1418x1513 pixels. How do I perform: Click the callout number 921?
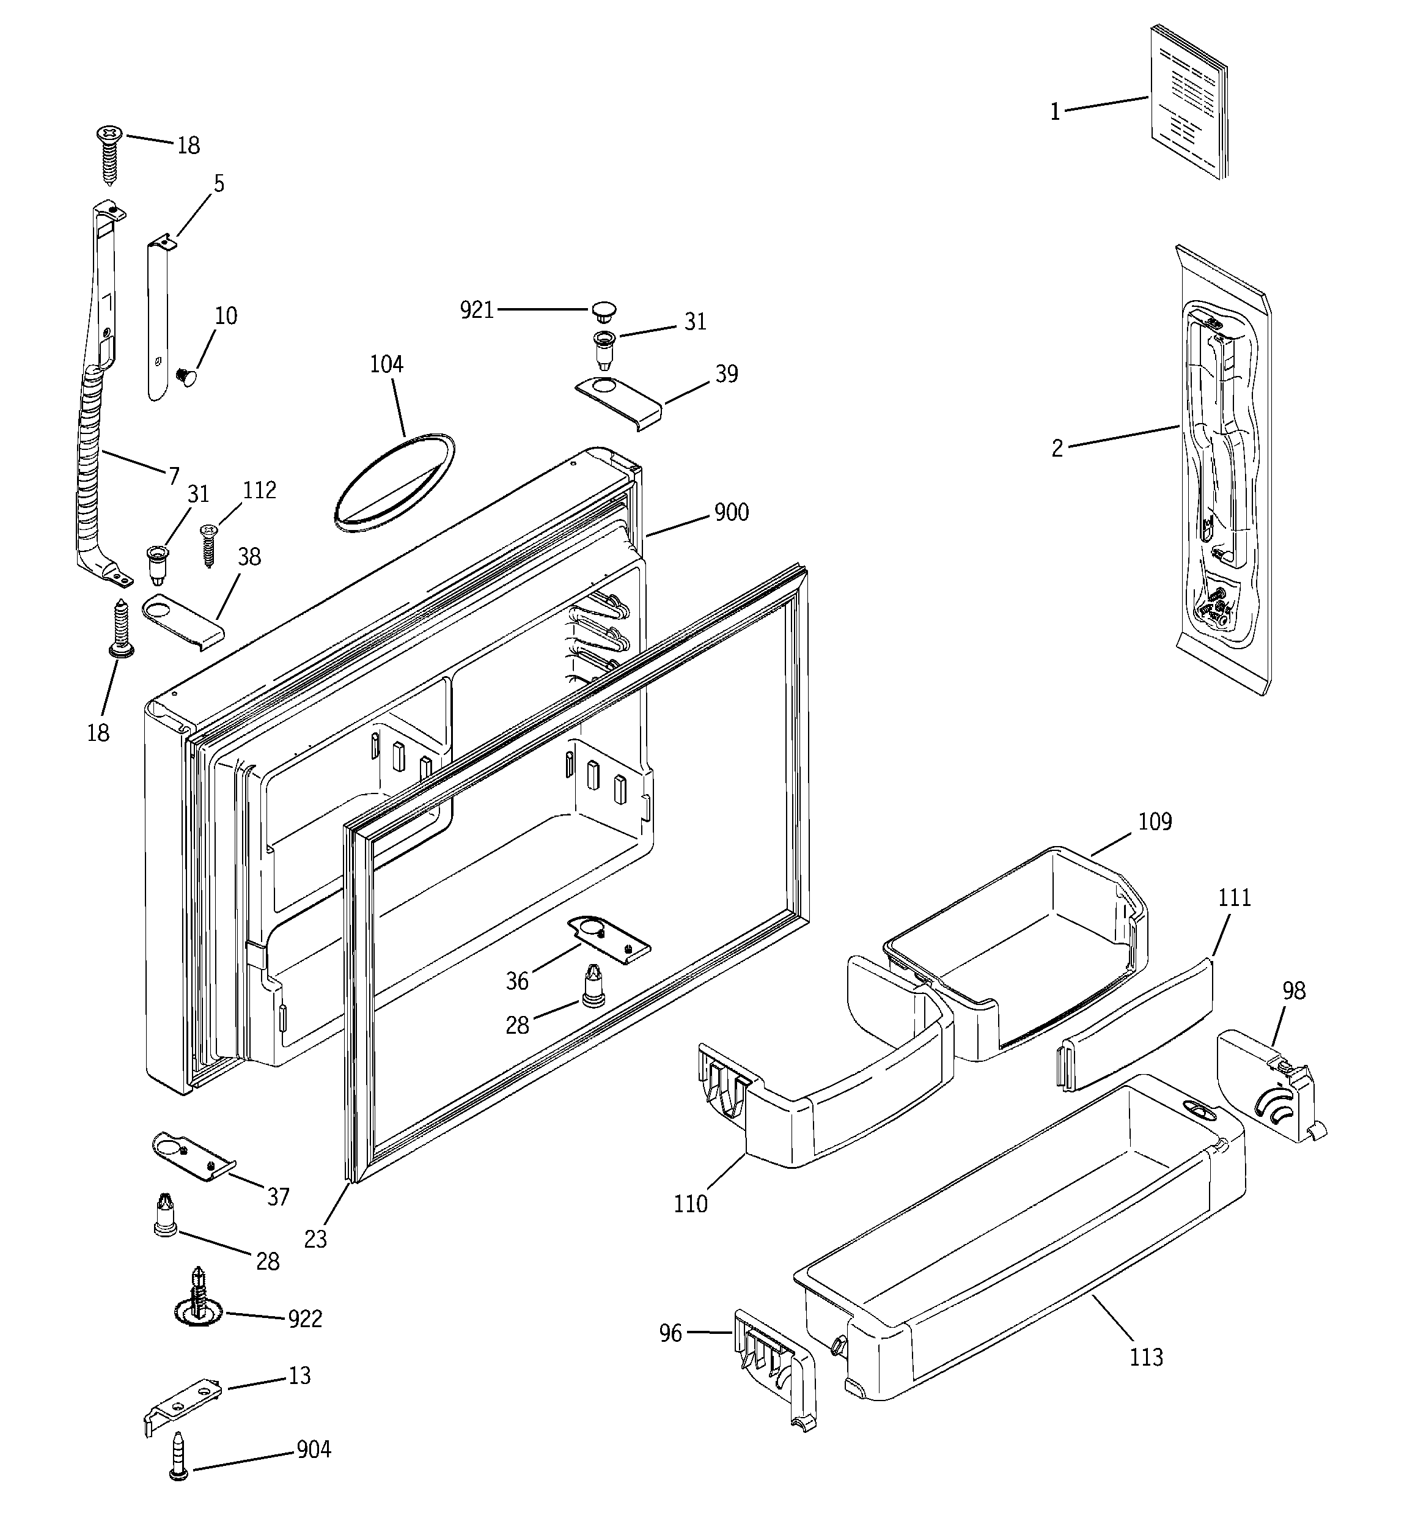point(477,310)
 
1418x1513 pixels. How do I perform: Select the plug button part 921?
point(603,310)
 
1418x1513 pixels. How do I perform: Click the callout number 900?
point(732,512)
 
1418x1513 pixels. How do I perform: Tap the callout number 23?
point(315,1240)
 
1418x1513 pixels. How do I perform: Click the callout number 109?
point(1155,822)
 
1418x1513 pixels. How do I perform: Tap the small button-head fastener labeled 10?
point(185,375)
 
